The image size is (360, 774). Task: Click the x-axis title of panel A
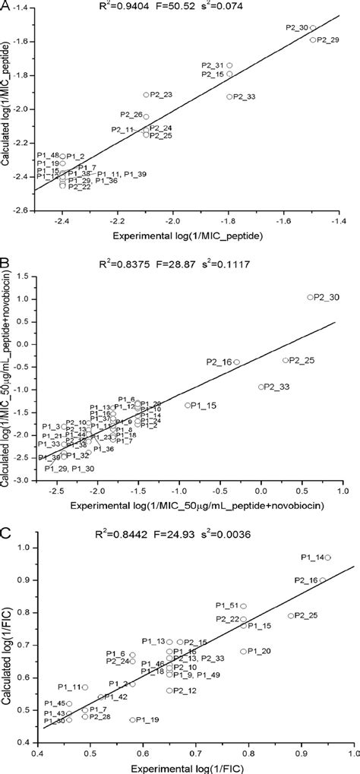coord(196,236)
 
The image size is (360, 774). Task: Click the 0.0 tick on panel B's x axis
coord(261,494)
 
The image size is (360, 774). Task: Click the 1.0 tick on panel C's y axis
coord(25,547)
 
